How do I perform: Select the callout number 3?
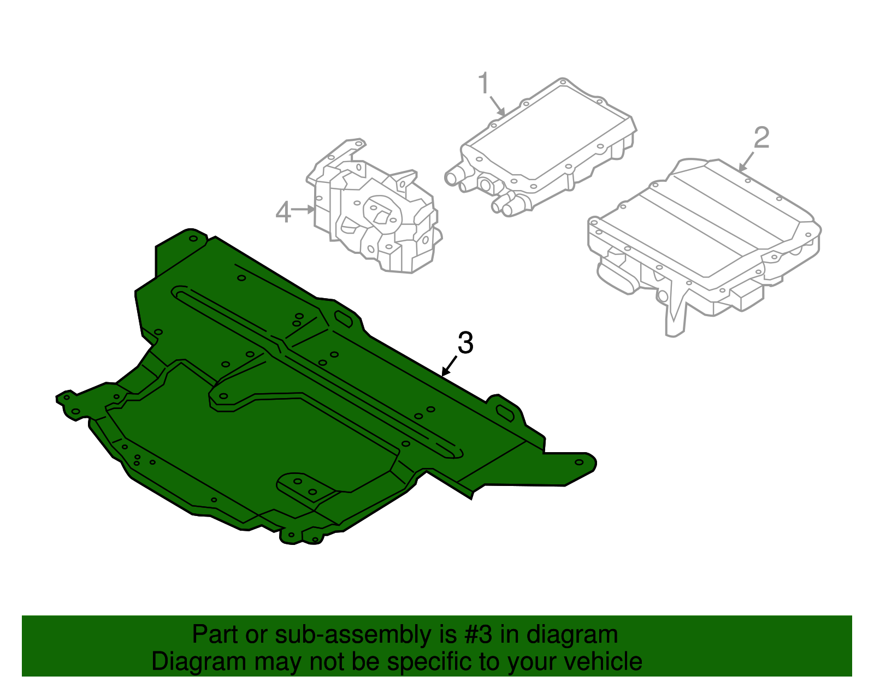pos(465,343)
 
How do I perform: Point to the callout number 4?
pos(283,212)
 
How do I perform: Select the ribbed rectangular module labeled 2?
pos(705,235)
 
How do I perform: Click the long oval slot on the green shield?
pos(317,371)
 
